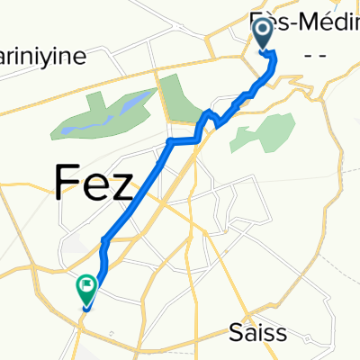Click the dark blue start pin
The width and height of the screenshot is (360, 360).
264,33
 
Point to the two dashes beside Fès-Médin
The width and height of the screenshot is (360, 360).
316,56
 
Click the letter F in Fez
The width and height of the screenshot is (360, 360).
67,183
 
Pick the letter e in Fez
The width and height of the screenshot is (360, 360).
96,187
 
